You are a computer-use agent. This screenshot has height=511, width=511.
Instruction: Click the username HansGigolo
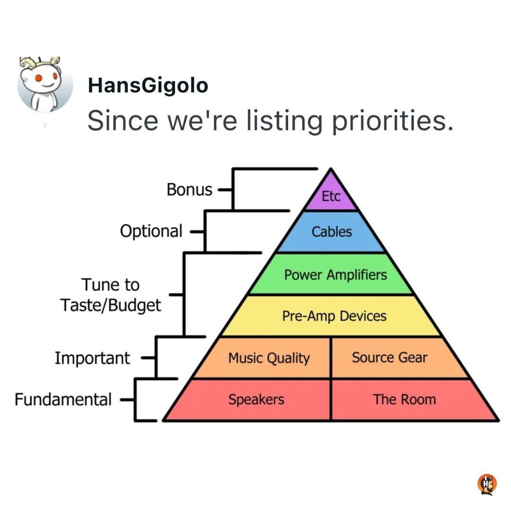(148, 85)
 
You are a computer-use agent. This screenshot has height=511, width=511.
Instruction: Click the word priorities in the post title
(392, 121)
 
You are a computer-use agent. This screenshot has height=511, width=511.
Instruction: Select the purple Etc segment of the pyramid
(331, 194)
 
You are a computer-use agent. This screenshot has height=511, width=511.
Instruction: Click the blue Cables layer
(331, 232)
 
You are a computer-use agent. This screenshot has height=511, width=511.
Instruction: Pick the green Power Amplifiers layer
(331, 274)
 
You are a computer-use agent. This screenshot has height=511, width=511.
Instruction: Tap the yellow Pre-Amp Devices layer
(331, 316)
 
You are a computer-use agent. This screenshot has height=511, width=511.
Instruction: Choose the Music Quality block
(264, 358)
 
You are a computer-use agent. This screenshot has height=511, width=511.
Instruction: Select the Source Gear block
(397, 358)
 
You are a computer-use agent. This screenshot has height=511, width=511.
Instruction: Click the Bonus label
(189, 189)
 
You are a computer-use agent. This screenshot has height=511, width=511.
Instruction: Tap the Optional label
(151, 231)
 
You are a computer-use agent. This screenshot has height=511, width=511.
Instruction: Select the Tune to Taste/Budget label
(110, 295)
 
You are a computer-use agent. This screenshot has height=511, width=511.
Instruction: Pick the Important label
(92, 358)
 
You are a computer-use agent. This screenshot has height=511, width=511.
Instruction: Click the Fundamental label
(63, 399)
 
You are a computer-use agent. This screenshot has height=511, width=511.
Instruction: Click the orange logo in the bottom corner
(487, 485)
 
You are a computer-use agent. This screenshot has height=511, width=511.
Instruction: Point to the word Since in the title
(123, 120)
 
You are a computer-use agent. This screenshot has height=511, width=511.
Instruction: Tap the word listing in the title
(284, 121)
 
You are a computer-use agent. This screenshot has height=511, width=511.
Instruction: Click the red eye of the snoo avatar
(39, 78)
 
